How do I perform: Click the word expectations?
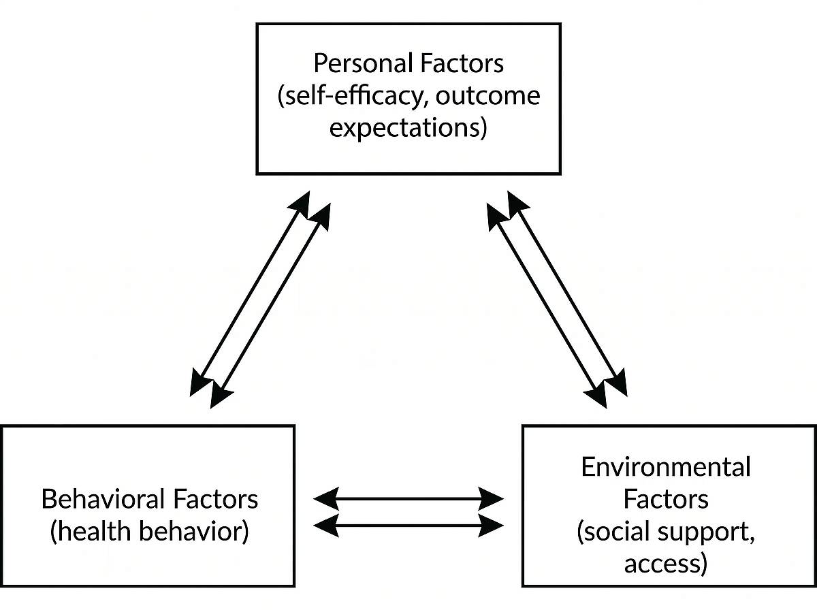pos(408,129)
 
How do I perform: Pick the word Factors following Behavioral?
pos(216,499)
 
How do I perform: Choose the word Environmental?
pos(666,467)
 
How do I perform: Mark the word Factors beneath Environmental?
pos(666,499)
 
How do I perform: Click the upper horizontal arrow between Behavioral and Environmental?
pos(408,499)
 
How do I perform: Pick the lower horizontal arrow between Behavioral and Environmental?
pos(408,525)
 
